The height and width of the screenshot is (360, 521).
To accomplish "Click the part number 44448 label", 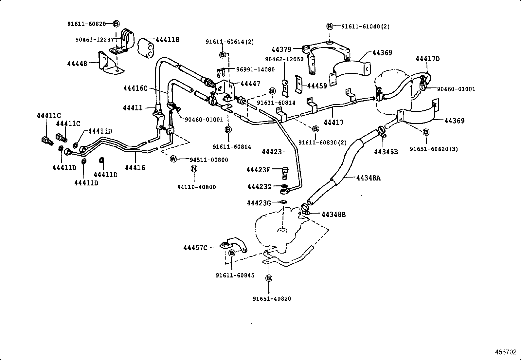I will [x=77, y=64].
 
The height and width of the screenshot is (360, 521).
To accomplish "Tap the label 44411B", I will [x=167, y=40].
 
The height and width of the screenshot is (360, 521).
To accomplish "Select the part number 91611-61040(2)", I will [x=365, y=27].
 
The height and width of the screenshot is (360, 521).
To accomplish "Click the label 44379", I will [x=281, y=49].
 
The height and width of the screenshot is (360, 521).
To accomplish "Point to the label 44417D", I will [x=427, y=59].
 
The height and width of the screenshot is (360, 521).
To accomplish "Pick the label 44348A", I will [x=368, y=178].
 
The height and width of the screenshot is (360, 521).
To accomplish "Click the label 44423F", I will [x=258, y=170].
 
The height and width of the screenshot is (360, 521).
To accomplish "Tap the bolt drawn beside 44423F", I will [x=285, y=173].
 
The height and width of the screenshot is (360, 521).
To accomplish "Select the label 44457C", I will [x=195, y=248].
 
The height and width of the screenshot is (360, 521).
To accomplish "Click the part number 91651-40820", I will [x=272, y=299].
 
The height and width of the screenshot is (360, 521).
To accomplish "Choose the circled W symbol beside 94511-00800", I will [x=173, y=159].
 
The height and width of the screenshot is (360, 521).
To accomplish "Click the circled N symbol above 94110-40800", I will [x=194, y=169].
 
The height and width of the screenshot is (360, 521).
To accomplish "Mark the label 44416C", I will [x=135, y=88].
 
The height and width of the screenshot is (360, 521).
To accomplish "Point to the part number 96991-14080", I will [x=255, y=69].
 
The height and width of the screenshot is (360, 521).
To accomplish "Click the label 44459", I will [x=317, y=86].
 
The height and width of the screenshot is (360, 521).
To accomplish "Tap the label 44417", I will [x=333, y=123].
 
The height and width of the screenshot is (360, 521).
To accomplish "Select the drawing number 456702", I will [x=505, y=352].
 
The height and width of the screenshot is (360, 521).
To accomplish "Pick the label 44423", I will [x=272, y=152].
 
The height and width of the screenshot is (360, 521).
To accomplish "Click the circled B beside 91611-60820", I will [x=117, y=24].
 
